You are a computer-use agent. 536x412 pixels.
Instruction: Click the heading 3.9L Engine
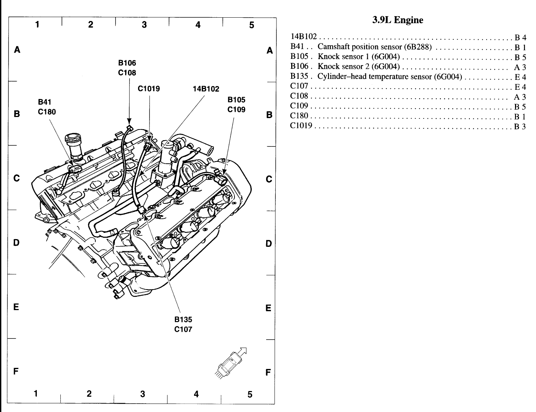[397, 20]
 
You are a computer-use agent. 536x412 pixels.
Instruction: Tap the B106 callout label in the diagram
[127, 63]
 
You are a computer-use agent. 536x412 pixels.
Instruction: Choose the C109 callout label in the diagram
[236, 109]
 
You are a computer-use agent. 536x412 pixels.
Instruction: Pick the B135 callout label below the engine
[183, 320]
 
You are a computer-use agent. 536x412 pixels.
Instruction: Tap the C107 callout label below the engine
[183, 329]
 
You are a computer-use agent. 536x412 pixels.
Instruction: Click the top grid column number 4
[198, 25]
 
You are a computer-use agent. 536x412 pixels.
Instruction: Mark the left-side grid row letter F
[16, 371]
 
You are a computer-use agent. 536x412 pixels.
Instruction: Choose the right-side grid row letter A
[270, 51]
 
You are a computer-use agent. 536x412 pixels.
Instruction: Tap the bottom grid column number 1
[36, 394]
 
